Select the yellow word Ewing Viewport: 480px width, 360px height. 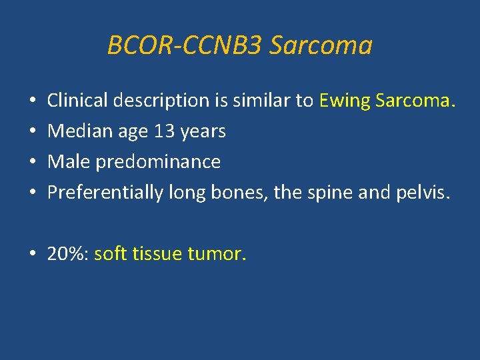(345, 101)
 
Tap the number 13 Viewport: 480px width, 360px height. (165, 132)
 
